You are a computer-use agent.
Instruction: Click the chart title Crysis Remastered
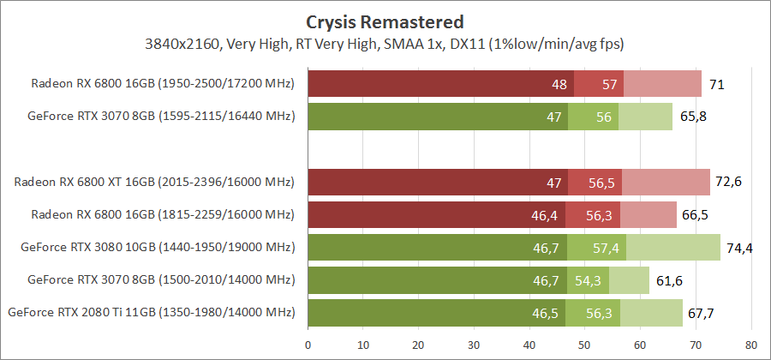[x=385, y=21]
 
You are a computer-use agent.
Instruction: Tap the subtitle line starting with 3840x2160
[x=385, y=42]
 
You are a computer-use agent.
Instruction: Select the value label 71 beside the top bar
[x=718, y=84]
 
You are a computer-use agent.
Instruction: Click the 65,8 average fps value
[x=691, y=116]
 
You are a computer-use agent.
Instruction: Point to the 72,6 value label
[x=729, y=183]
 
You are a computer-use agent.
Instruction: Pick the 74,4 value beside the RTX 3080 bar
[x=738, y=249]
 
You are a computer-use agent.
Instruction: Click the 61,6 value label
[x=667, y=280]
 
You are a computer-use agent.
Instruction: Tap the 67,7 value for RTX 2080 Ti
[x=701, y=313]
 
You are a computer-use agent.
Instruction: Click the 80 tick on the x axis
[x=751, y=346]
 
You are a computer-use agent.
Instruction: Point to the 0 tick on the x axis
[x=308, y=346]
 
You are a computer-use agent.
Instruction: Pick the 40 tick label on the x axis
[x=529, y=346]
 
